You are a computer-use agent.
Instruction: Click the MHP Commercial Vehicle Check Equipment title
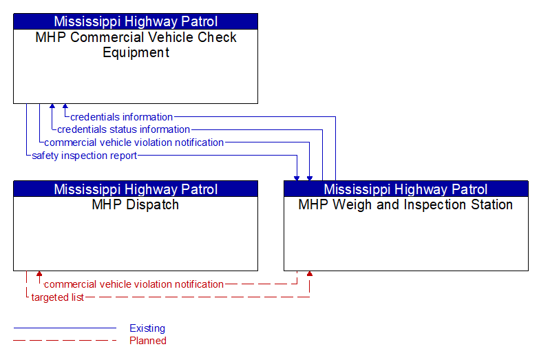point(136,45)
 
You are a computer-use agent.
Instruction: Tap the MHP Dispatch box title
point(136,204)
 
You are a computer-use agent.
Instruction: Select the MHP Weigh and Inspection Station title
point(405,204)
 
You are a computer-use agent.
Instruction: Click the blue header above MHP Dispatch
point(136,189)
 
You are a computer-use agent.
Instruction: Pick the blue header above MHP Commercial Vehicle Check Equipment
point(136,21)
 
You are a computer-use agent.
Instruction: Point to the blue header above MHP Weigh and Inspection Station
point(405,189)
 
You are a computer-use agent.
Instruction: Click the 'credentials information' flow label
point(121,117)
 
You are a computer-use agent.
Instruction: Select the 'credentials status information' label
point(123,129)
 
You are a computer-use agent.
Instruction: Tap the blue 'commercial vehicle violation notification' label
point(134,142)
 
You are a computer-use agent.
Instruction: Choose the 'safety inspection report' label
point(84,156)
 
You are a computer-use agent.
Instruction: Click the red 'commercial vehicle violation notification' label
point(134,284)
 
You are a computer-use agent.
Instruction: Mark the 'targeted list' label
point(57,297)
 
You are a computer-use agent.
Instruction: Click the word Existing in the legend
point(147,328)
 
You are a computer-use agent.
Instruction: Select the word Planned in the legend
point(147,340)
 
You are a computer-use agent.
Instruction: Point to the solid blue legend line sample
point(65,328)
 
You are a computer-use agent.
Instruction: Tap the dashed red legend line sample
point(65,340)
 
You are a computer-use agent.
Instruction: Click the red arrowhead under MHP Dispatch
point(39,275)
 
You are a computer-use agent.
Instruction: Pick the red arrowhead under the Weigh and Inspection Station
point(309,275)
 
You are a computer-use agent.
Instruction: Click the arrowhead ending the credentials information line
point(65,107)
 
